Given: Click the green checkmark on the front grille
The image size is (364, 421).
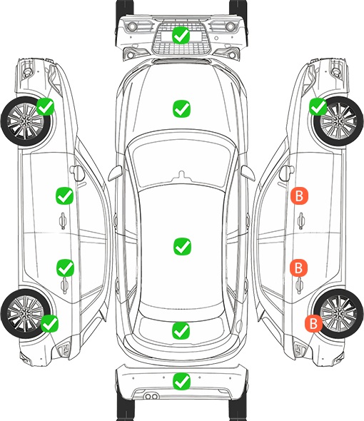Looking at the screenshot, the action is click(181, 35).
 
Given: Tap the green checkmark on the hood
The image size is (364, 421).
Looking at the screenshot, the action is click(181, 108).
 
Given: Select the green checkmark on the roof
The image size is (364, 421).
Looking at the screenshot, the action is click(182, 246).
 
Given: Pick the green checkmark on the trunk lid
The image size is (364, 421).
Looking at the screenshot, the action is click(181, 330).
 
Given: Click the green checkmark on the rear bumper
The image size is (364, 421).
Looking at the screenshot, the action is click(181, 381).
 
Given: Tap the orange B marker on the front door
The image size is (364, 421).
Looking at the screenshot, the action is click(299, 196).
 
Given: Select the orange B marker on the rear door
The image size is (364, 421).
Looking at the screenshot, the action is click(298, 268).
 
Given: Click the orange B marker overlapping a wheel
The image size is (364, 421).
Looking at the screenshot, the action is click(313, 323).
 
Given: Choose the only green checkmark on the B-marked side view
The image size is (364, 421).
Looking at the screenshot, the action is click(318, 106).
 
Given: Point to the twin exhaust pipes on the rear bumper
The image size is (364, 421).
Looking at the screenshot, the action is click(151, 397).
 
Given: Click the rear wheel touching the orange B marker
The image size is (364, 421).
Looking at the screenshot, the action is click(338, 313).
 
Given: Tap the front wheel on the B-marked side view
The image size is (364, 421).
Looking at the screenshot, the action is click(338, 121).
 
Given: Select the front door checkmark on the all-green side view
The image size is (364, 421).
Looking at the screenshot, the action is click(64, 196).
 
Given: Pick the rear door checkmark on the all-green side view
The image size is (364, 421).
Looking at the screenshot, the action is click(65, 268).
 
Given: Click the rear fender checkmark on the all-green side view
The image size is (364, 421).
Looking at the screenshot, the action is click(49, 323).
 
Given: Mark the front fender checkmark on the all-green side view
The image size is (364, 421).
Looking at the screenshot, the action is click(46, 106).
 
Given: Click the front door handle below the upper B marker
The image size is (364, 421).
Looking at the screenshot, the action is click(301, 220).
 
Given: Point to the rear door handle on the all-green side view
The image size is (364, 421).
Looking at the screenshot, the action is click(64, 286).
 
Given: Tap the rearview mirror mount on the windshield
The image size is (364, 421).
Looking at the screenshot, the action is click(182, 175).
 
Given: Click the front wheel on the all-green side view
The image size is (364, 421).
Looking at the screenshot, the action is click(26, 121).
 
